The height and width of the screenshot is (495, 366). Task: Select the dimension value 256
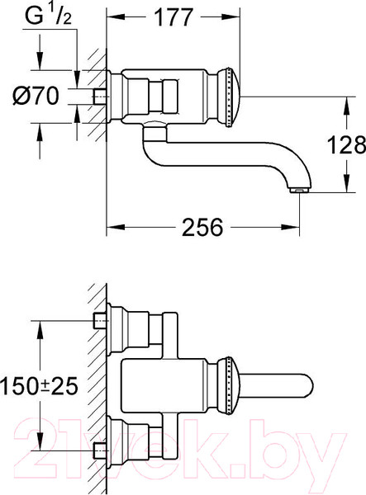coord(202,228)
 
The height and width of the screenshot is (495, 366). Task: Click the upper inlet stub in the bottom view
coord(101,321)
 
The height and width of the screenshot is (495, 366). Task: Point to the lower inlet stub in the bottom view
coord(101,450)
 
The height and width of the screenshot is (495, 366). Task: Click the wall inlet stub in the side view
coord(101,97)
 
